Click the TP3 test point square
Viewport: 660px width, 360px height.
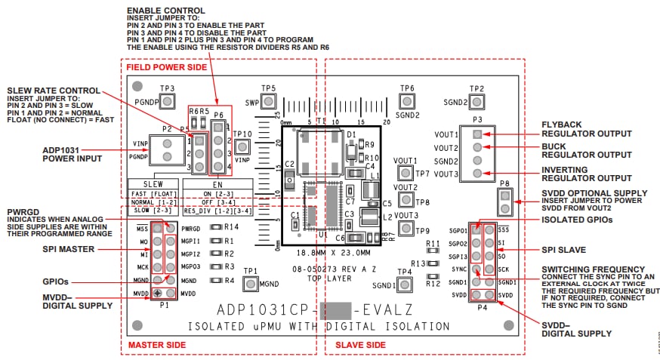[x=168, y=103]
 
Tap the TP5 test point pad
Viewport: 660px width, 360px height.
[x=268, y=102]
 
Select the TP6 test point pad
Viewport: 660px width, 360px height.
[x=407, y=103]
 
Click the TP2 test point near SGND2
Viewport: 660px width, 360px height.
[x=476, y=102]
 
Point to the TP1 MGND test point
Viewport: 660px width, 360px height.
[x=251, y=284]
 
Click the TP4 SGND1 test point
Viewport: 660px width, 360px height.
[x=406, y=285]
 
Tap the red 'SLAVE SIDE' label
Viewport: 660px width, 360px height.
[x=355, y=346]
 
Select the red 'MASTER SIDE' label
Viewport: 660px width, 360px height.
[x=156, y=346]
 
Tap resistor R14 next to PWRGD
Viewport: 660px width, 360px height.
[x=215, y=227]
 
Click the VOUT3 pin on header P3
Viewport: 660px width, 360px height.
[x=476, y=174]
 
